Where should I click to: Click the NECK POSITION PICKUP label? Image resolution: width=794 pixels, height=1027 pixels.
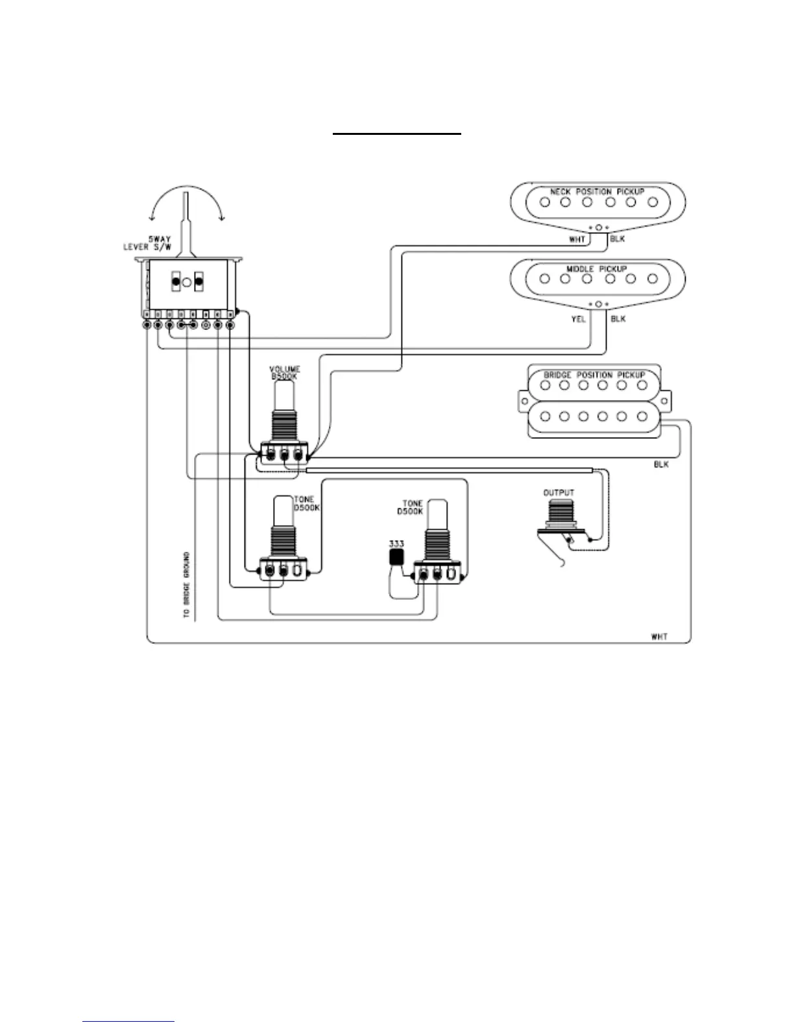click(x=597, y=192)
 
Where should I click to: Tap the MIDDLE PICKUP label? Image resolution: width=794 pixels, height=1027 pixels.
click(x=596, y=269)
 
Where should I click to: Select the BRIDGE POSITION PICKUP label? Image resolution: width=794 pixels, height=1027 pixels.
click(x=594, y=375)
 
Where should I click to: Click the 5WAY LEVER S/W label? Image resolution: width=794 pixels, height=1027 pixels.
click(x=149, y=243)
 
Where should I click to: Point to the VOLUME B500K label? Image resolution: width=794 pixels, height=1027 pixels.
click(x=285, y=373)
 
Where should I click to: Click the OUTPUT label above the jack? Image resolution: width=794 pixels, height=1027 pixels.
click(x=559, y=493)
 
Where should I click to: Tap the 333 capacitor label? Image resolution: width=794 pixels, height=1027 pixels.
click(x=396, y=543)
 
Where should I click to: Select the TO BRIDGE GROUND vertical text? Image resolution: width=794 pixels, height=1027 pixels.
click(x=187, y=584)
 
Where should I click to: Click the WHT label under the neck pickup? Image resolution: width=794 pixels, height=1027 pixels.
click(x=577, y=240)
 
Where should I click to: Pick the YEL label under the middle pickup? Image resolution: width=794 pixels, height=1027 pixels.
click(x=578, y=319)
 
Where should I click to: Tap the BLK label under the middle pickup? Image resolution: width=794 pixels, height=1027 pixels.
click(x=618, y=319)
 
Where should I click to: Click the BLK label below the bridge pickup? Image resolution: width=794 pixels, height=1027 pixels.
click(x=661, y=465)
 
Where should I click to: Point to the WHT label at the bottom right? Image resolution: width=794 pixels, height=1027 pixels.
click(x=660, y=637)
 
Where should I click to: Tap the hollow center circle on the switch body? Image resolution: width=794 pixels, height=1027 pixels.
click(x=186, y=283)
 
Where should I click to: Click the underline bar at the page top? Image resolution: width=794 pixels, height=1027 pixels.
click(x=397, y=134)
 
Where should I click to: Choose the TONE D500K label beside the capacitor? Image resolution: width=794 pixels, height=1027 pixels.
click(x=412, y=508)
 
